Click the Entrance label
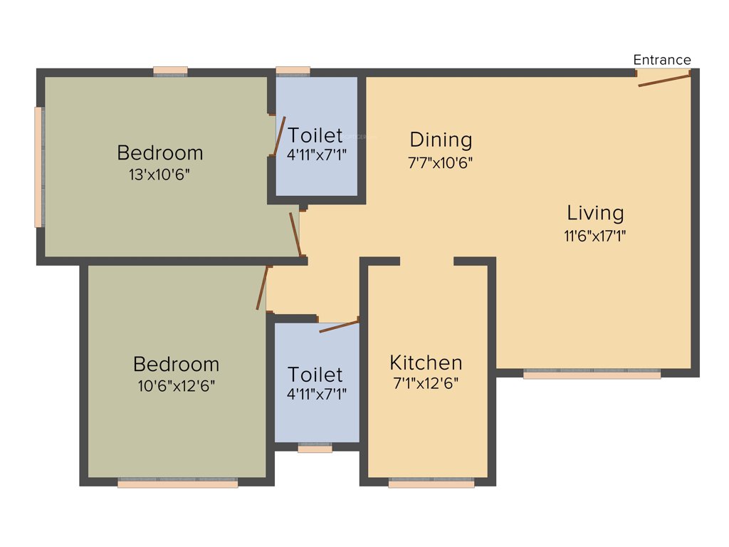662,60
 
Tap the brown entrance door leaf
664,79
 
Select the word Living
595,213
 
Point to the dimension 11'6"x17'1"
595,236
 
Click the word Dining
441,139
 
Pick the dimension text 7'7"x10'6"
441,162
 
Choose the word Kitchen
426,363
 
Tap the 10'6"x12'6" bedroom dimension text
176,386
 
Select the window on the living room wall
592,373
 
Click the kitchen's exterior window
431,483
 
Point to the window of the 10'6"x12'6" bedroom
177,483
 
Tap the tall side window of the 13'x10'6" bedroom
39,167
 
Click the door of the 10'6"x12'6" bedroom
263,288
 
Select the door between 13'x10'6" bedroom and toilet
278,136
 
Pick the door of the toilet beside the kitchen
339,326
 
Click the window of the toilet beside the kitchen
315,449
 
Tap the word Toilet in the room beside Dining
315,135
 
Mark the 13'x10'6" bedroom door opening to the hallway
296,234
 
